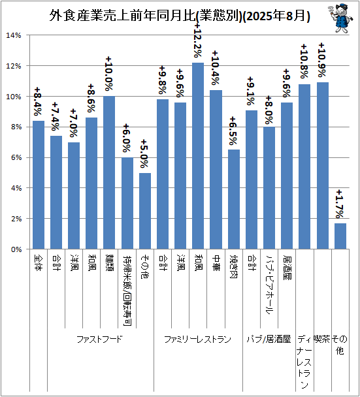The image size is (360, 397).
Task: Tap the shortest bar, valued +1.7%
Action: click(x=340, y=236)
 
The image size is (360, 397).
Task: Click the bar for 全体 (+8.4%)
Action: click(x=39, y=185)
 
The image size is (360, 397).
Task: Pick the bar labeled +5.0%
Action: click(x=145, y=211)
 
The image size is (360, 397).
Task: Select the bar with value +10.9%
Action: click(x=322, y=165)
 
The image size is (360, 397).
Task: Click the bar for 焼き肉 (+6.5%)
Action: click(x=233, y=199)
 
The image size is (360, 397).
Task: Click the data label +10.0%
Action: click(x=110, y=74)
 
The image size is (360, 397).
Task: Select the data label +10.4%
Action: click(x=216, y=68)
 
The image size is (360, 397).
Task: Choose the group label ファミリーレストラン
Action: click(x=197, y=339)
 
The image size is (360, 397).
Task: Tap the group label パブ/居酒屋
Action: click(x=269, y=339)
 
